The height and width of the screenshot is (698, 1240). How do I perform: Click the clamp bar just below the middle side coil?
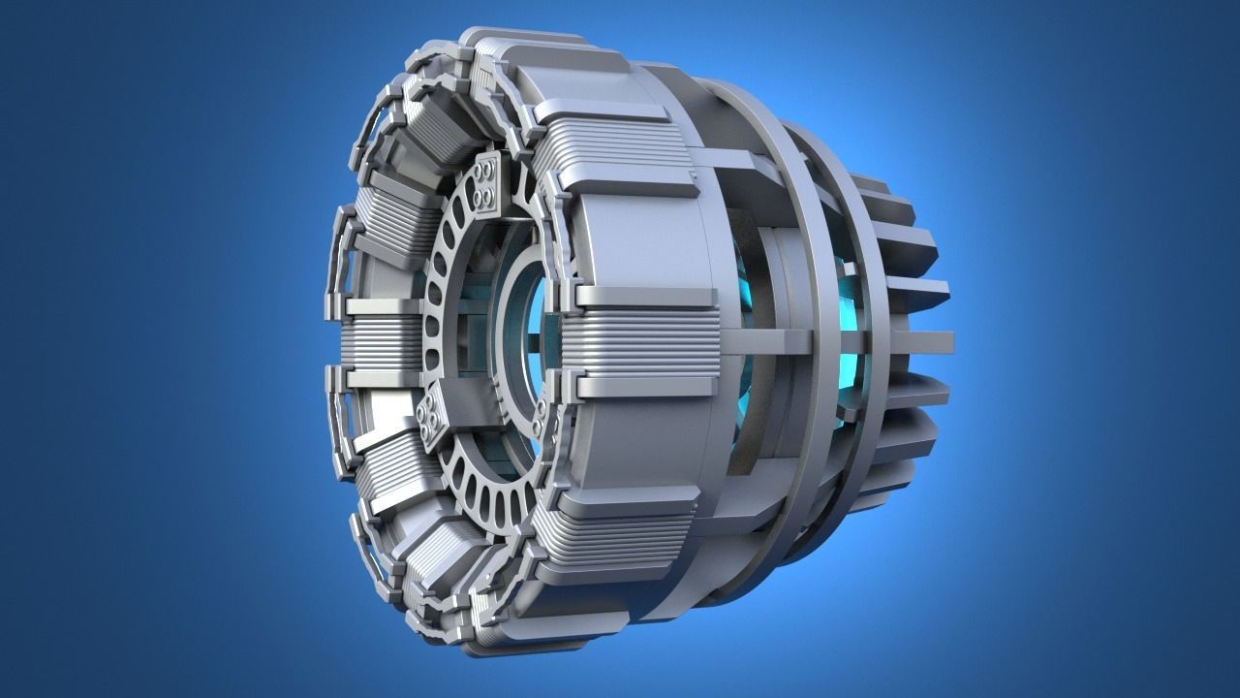pos(644,388)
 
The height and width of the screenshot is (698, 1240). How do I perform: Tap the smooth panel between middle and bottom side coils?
pos(639,446)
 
